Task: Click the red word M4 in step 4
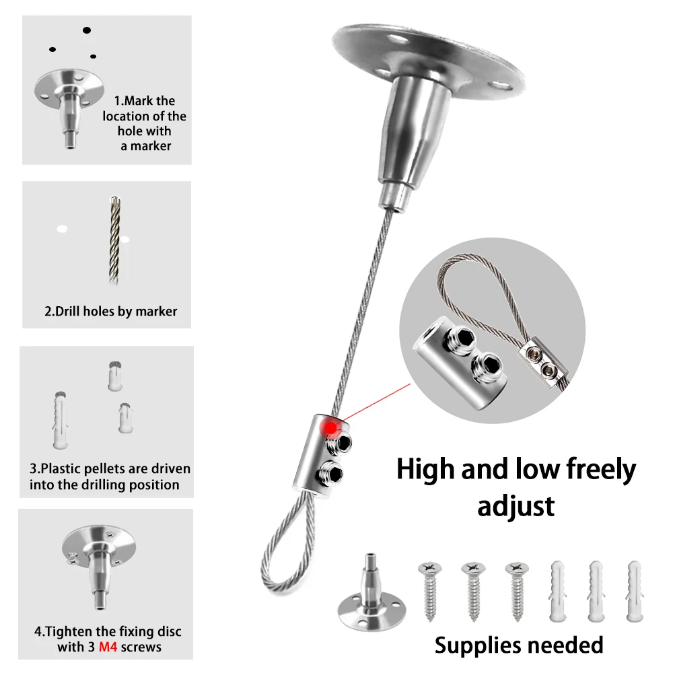pos(108,647)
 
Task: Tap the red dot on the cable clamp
pos(330,428)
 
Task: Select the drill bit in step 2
pos(114,240)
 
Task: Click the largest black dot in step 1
pos(87,30)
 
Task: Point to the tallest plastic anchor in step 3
pos(60,420)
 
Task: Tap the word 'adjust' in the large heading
pos(516,507)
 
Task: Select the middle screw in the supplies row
pos(473,592)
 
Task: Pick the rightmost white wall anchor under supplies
pos(635,592)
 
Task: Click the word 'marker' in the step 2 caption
pos(156,311)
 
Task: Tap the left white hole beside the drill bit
pos(62,229)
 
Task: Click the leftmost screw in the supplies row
pos(430,592)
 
